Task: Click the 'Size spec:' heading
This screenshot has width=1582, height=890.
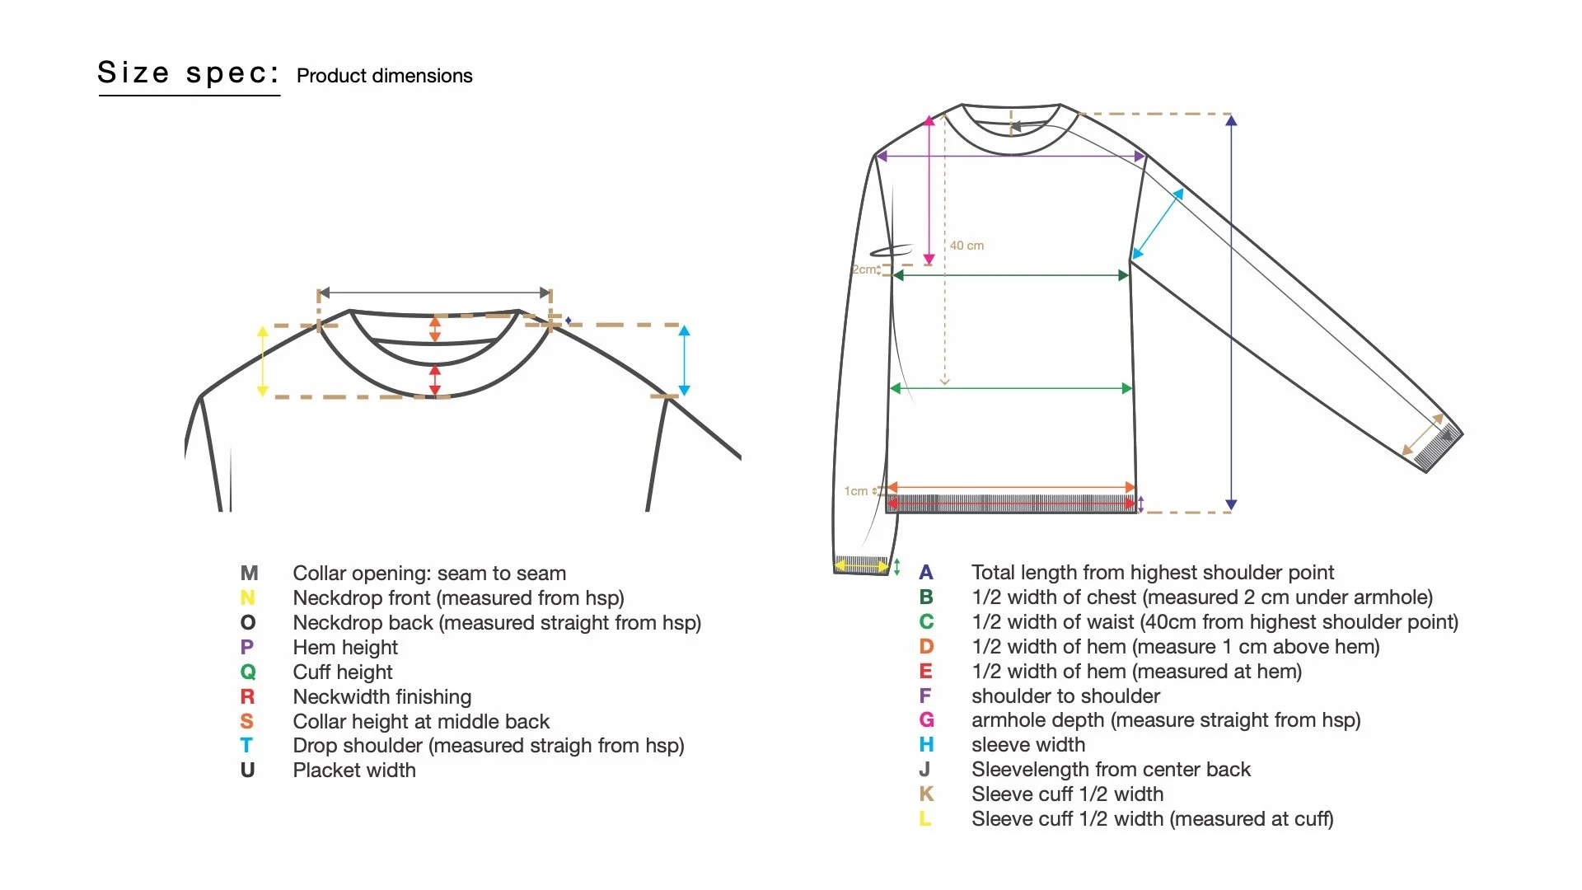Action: (x=188, y=73)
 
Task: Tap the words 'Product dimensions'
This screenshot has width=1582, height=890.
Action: (x=384, y=76)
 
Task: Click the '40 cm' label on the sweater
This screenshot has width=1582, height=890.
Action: (x=967, y=246)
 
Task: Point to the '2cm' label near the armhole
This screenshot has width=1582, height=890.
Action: (x=864, y=269)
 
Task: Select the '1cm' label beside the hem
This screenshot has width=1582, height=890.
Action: (x=855, y=491)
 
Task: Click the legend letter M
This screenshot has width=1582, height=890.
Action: (x=249, y=573)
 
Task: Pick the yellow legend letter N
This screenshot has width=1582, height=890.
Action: (x=247, y=597)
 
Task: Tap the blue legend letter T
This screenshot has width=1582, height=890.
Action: (x=246, y=746)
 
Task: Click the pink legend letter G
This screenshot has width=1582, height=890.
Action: (x=926, y=720)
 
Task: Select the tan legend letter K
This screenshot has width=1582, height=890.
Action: (x=926, y=794)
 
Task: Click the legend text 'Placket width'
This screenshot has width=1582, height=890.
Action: (x=354, y=771)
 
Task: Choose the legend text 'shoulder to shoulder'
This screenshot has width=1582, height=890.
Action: (x=1065, y=696)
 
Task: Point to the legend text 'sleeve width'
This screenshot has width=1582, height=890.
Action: (x=1027, y=745)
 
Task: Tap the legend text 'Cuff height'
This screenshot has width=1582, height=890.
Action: (x=343, y=672)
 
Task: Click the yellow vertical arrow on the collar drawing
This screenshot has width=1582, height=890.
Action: (x=263, y=361)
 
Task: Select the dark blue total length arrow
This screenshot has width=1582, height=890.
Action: (x=1231, y=313)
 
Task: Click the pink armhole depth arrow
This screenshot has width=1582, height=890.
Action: (x=929, y=190)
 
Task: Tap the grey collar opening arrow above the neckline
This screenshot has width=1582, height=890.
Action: (x=434, y=293)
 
